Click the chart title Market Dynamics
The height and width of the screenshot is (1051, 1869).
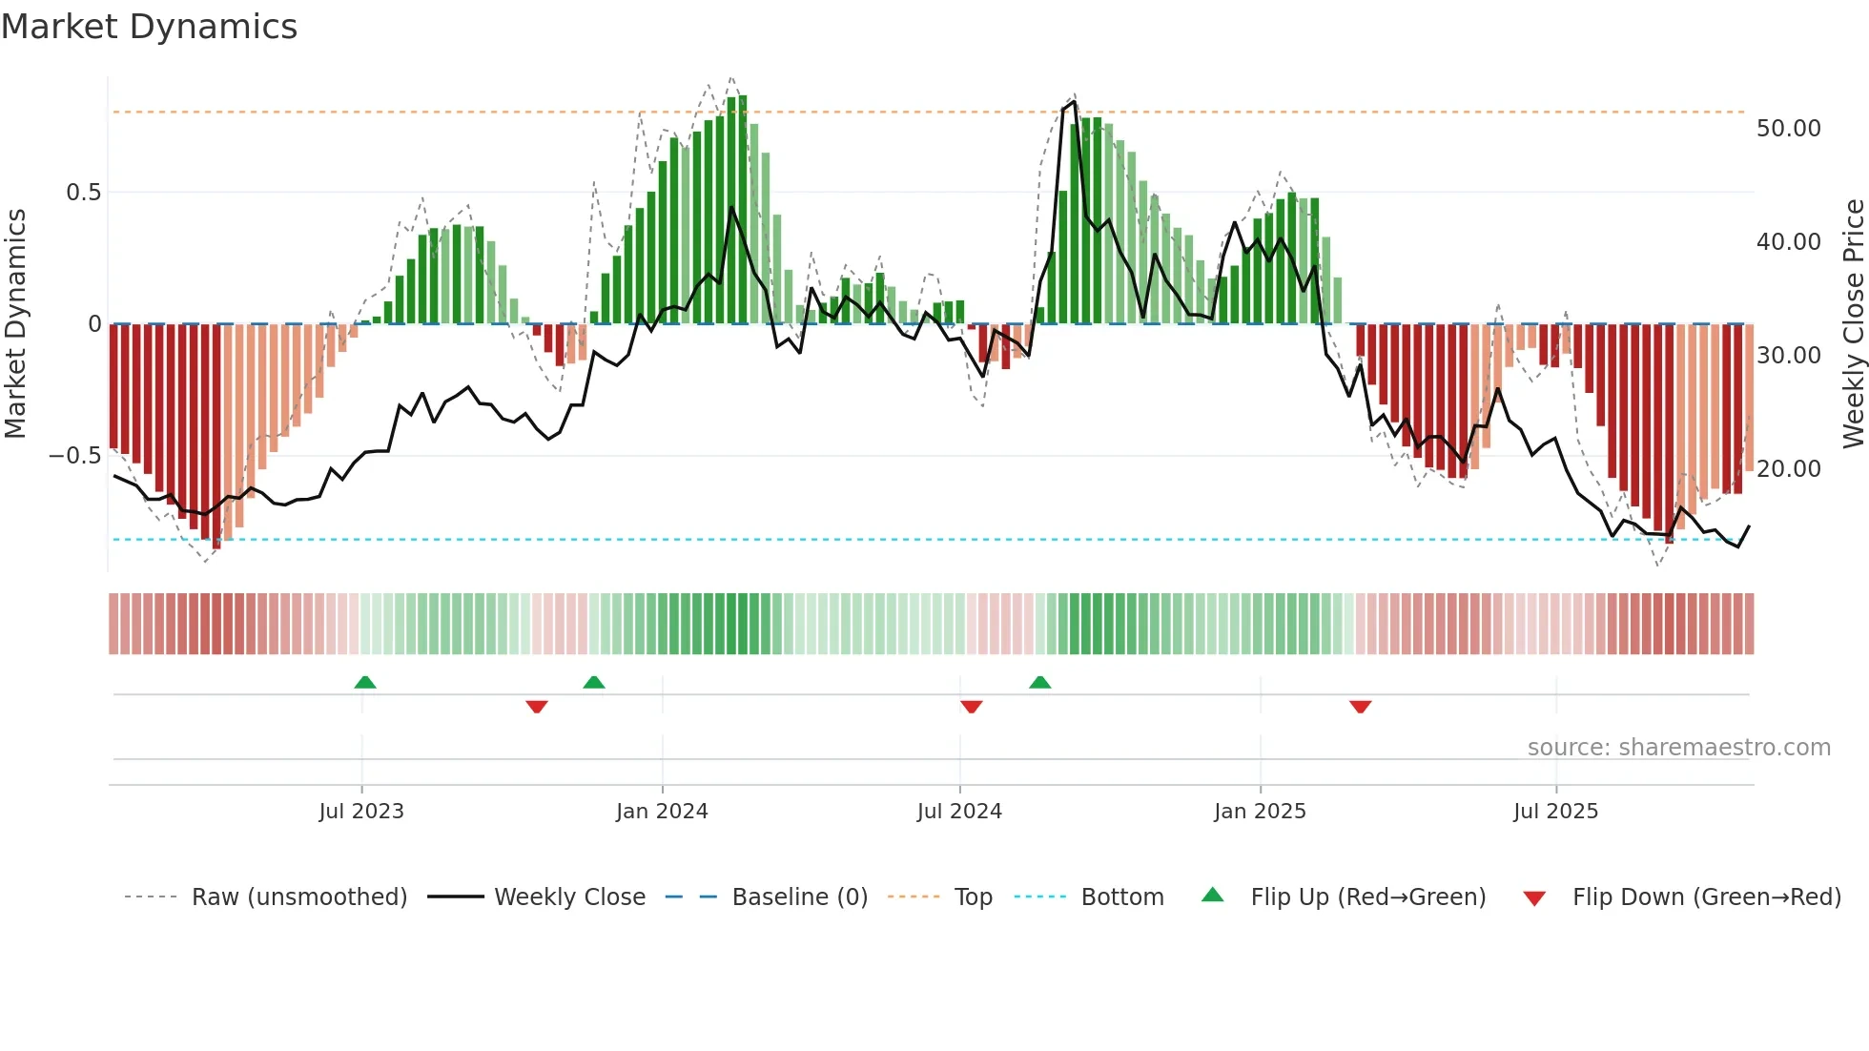[x=149, y=27]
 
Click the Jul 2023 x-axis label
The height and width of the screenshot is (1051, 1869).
[x=361, y=812]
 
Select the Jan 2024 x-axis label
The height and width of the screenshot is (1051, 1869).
[x=662, y=812]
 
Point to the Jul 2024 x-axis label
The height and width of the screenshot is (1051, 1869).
[x=959, y=812]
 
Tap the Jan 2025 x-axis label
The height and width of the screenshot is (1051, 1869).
[x=1260, y=812]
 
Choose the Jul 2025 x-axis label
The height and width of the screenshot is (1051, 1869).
[x=1555, y=812]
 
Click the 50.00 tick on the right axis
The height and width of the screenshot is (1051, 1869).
[x=1788, y=129]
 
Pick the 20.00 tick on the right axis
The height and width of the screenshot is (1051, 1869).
[x=1788, y=469]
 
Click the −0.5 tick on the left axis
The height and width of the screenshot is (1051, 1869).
[x=74, y=456]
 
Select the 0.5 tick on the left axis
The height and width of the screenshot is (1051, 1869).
[x=83, y=193]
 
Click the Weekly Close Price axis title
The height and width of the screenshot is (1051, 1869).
[x=1853, y=324]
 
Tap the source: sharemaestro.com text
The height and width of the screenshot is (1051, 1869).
[x=1678, y=748]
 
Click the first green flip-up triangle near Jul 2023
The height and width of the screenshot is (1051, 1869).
[x=365, y=682]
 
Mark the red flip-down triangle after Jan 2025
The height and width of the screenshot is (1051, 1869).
[x=1361, y=706]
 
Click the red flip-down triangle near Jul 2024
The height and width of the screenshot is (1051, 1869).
[x=972, y=706]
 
